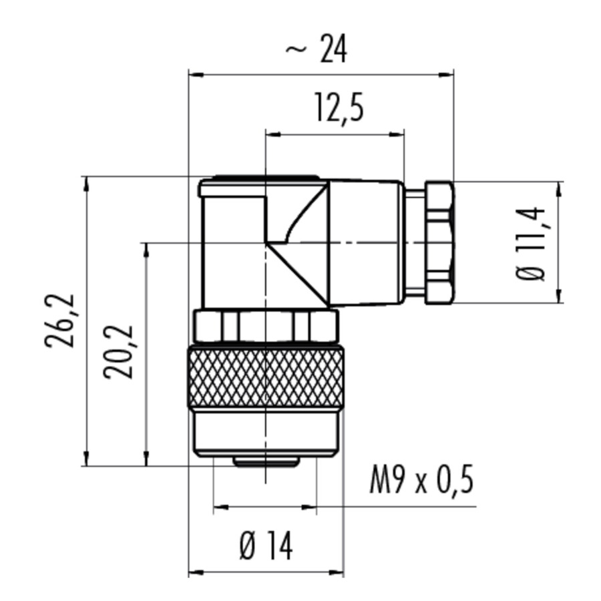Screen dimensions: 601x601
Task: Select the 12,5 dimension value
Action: [x=339, y=108]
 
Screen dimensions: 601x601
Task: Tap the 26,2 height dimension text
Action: [x=59, y=321]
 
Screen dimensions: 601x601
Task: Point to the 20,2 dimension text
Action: [x=118, y=352]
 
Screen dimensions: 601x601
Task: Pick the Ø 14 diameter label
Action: [x=266, y=546]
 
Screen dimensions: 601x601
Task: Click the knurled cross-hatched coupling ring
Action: [x=265, y=377]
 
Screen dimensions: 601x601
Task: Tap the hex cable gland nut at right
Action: [x=439, y=243]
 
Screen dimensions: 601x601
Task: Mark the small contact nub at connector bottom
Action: [x=266, y=462]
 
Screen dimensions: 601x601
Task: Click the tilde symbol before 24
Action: [x=296, y=49]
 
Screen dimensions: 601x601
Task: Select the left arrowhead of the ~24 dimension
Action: [x=196, y=75]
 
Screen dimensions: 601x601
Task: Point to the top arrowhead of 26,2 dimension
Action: [x=87, y=184]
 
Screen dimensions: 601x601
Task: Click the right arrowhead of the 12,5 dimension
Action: [x=397, y=134]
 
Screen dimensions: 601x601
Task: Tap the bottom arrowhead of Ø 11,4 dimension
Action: [x=558, y=296]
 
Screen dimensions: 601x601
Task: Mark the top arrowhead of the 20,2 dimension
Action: [x=146, y=251]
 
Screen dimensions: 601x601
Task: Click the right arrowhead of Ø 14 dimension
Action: [x=336, y=573]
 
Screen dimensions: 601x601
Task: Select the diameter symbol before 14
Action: [x=248, y=546]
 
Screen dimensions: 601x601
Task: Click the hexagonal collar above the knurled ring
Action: [x=266, y=326]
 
